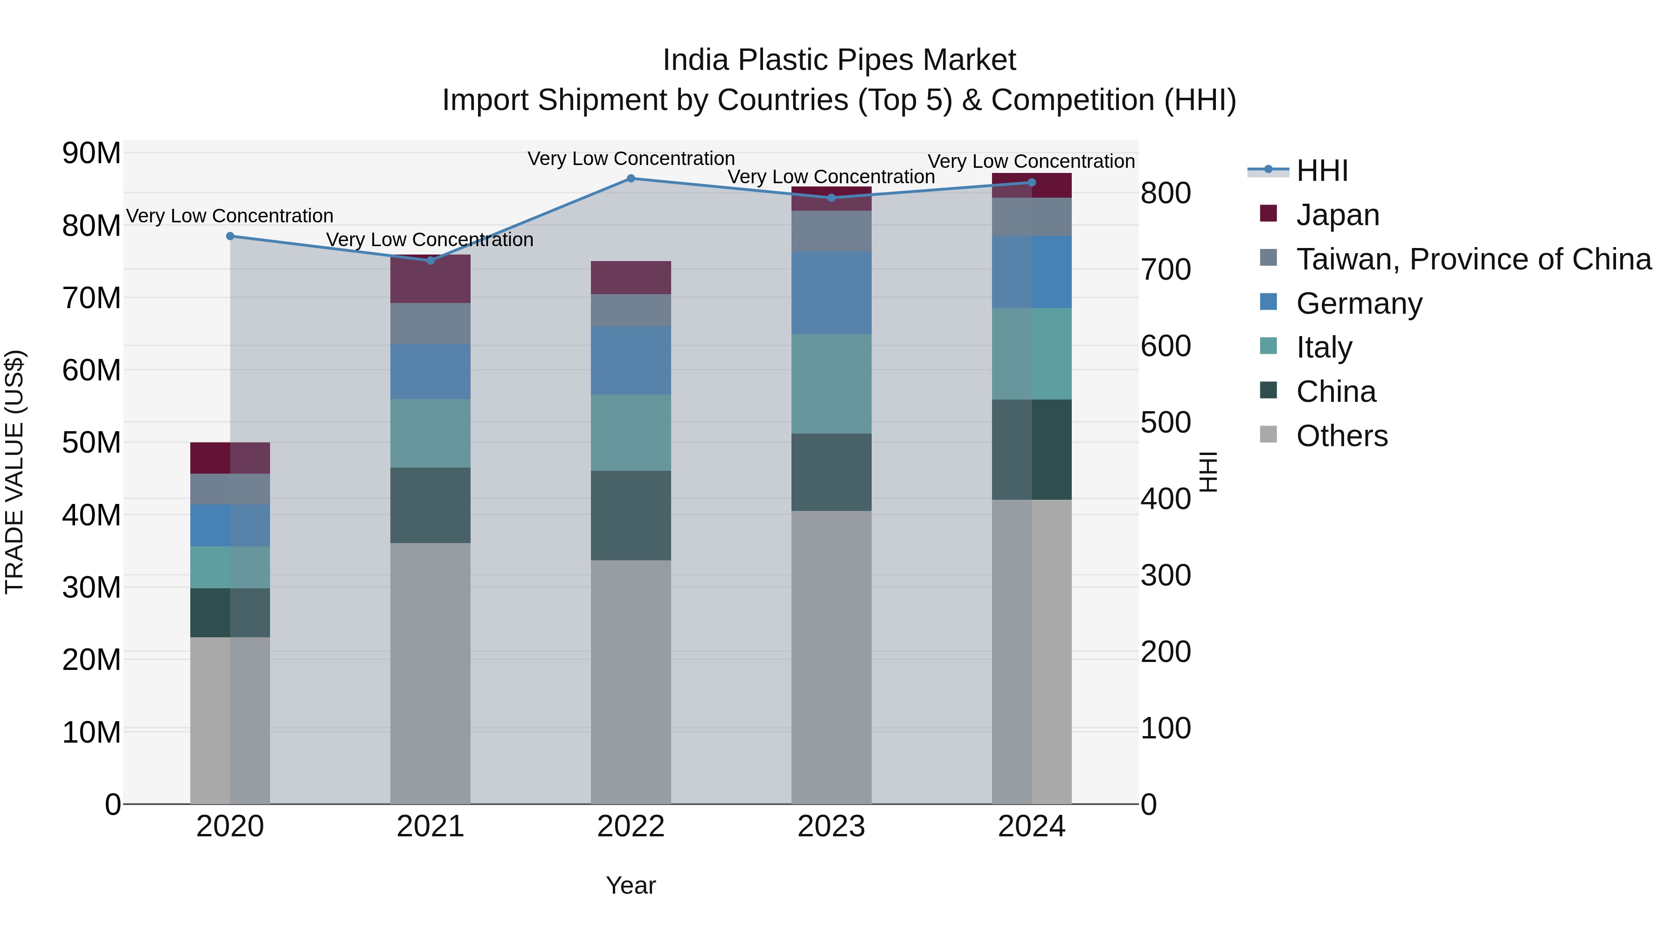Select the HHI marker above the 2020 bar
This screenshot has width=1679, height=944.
tap(230, 236)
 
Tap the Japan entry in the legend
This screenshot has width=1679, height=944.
tap(1337, 215)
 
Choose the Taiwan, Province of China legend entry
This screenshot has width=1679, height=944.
tap(1473, 259)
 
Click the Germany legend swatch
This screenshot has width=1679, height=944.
tap(1269, 302)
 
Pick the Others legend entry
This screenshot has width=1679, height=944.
tap(1341, 436)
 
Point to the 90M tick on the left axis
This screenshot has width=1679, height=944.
tap(91, 154)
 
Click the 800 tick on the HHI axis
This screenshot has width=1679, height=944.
tap(1166, 193)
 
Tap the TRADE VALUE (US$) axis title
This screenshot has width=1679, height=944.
tap(15, 472)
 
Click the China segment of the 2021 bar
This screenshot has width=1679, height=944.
tap(430, 505)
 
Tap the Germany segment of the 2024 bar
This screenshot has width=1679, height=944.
tap(1032, 272)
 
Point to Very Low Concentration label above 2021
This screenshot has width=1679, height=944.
tap(430, 240)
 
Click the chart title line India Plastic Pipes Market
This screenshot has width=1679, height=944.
tap(839, 60)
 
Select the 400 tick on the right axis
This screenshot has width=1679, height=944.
tap(1166, 499)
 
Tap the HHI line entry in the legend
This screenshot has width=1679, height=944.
tap(1321, 171)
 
